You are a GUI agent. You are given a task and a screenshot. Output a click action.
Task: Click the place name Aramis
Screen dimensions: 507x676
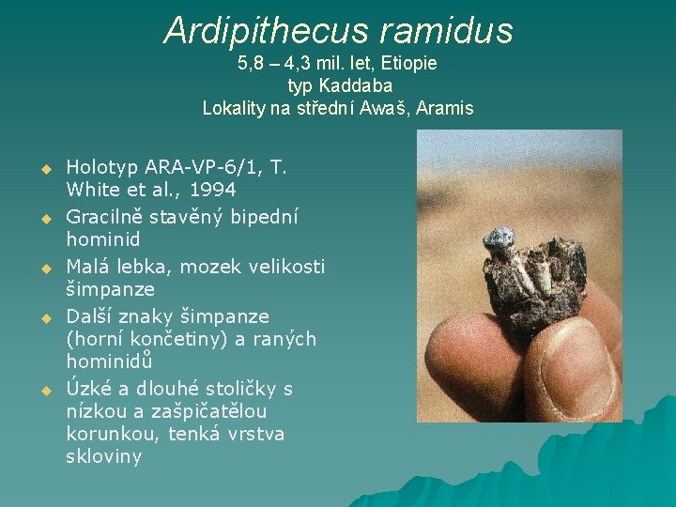pyautogui.click(x=445, y=108)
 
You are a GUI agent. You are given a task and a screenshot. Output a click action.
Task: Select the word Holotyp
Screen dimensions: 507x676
pyautogui.click(x=102, y=168)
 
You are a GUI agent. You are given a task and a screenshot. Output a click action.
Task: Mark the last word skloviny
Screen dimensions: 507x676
pyautogui.click(x=103, y=457)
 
